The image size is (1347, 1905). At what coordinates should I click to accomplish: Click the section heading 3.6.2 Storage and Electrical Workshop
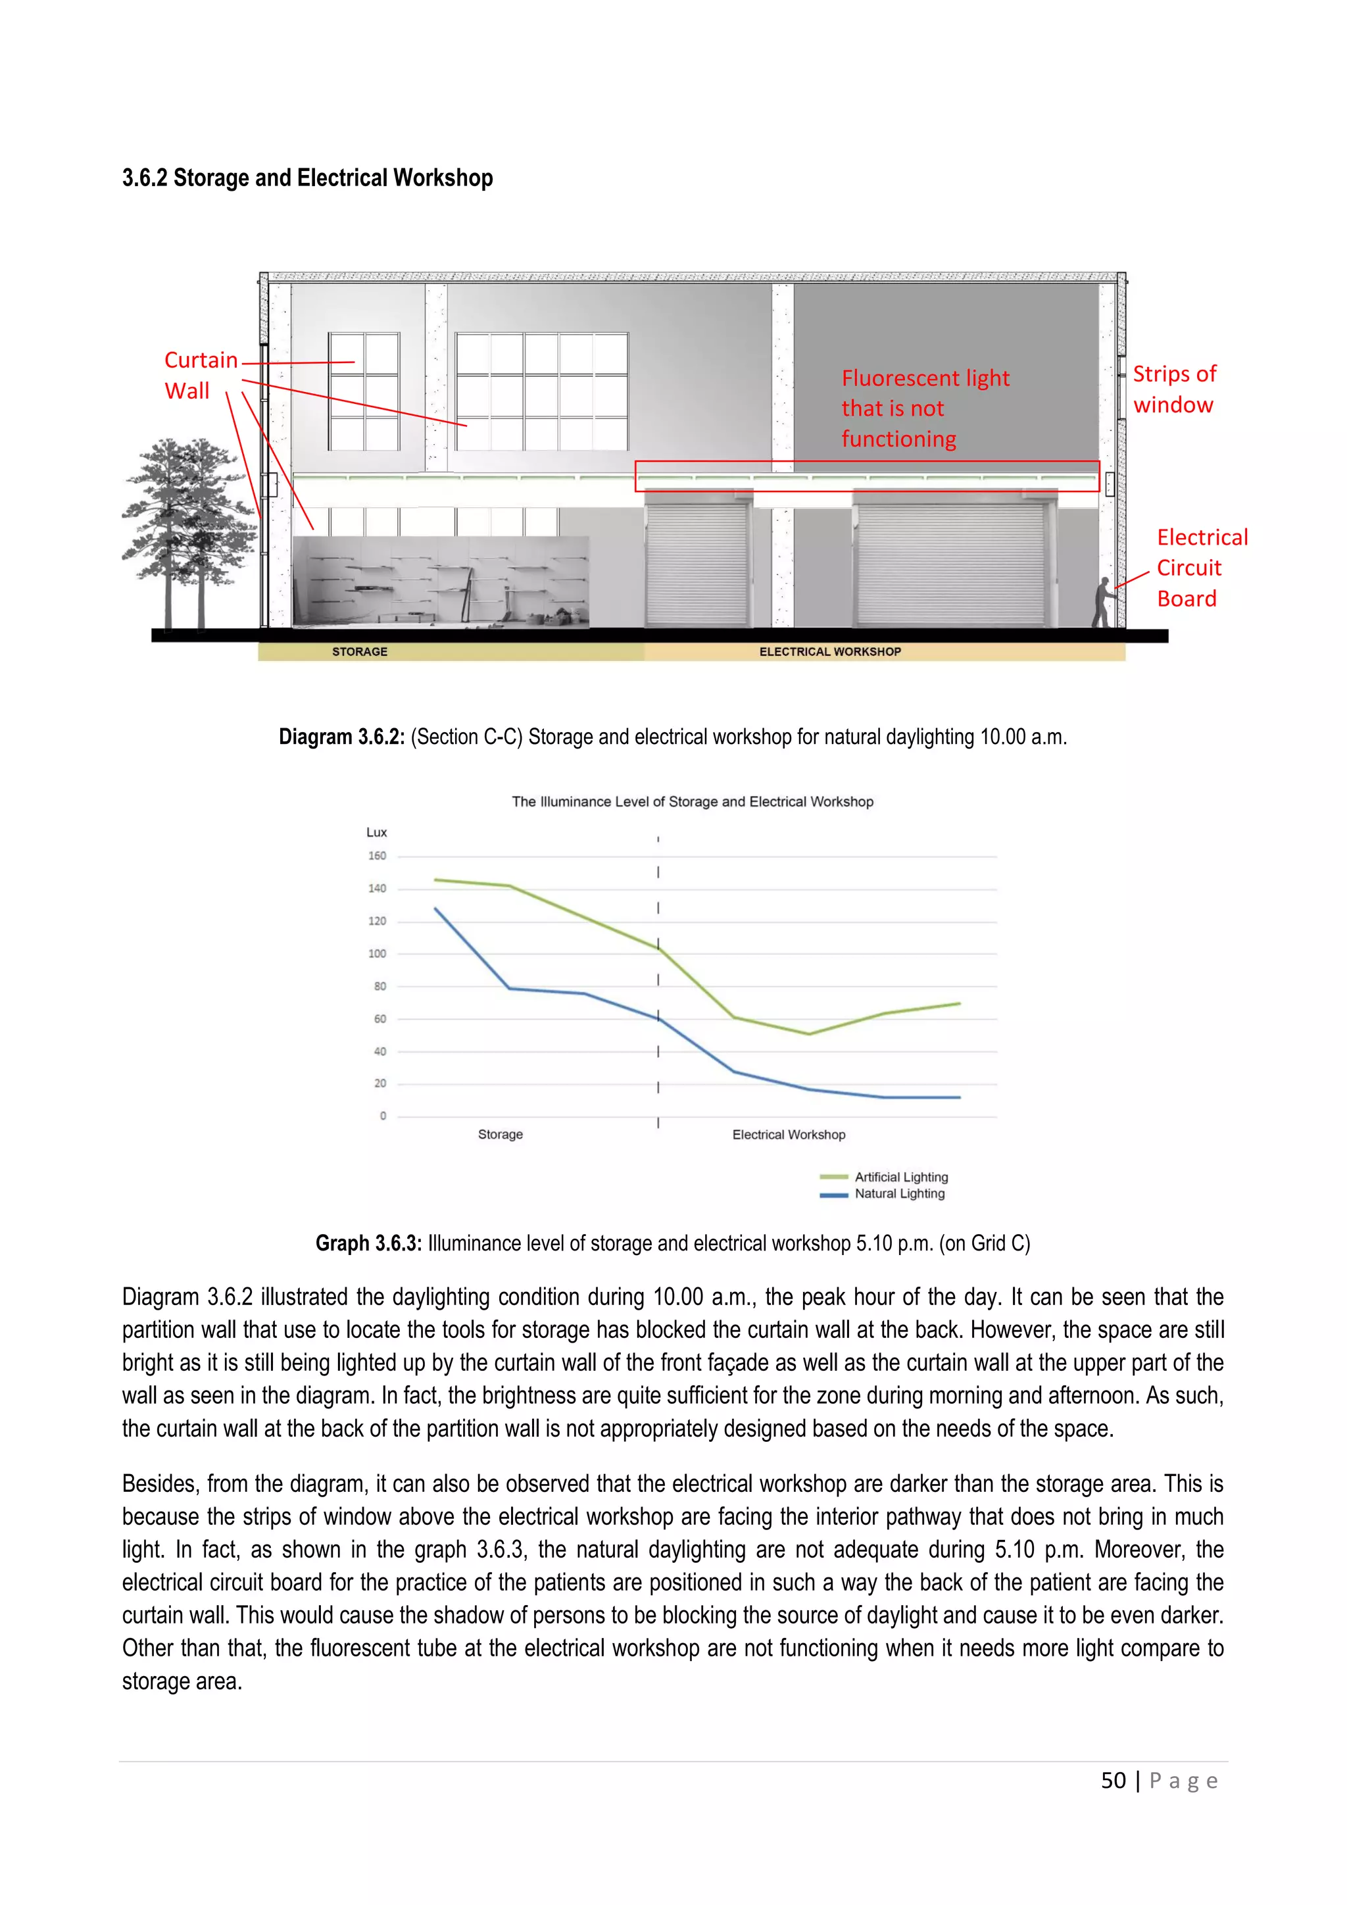(x=307, y=178)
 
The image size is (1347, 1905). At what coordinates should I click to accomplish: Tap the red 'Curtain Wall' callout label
(x=200, y=375)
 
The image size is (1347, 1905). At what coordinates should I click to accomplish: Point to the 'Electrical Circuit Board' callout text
(x=1201, y=568)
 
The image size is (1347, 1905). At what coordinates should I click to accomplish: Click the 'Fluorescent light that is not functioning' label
(x=924, y=408)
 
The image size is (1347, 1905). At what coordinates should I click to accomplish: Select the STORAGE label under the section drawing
(x=360, y=652)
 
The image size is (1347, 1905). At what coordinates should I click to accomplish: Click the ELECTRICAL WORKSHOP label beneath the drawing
(x=829, y=652)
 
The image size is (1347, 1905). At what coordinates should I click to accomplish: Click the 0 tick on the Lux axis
(x=382, y=1116)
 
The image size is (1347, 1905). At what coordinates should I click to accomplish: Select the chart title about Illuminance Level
(x=692, y=801)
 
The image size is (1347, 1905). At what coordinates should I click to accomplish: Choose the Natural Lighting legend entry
(x=899, y=1194)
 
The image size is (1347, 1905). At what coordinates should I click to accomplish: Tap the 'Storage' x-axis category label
(x=500, y=1134)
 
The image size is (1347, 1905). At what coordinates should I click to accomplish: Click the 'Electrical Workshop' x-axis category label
(x=788, y=1134)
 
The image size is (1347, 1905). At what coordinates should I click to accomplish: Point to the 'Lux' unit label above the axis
(x=377, y=832)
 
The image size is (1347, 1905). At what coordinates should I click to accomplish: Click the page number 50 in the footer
(x=1113, y=1781)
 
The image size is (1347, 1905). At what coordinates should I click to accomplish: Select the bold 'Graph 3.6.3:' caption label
(x=368, y=1243)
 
